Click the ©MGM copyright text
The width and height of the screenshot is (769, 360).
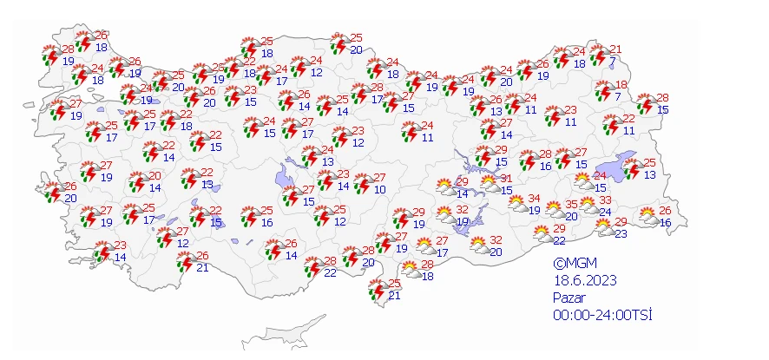(575, 263)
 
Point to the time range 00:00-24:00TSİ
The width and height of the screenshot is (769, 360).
(603, 315)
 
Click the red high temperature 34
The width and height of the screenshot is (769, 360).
(535, 199)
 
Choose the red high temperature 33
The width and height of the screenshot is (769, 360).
(605, 200)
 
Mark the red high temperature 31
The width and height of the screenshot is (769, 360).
(507, 179)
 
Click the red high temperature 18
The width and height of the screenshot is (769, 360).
(621, 84)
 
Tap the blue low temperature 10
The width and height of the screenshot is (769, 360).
(380, 189)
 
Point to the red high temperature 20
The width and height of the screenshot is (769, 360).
(154, 176)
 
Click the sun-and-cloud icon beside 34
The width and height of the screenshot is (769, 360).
(517, 204)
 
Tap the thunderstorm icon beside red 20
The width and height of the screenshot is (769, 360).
(135, 183)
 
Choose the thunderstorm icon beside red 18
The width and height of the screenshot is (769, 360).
(603, 90)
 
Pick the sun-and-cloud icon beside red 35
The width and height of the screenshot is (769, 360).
(555, 209)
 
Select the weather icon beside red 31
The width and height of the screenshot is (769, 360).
(490, 184)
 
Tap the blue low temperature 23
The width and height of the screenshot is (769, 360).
(621, 232)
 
